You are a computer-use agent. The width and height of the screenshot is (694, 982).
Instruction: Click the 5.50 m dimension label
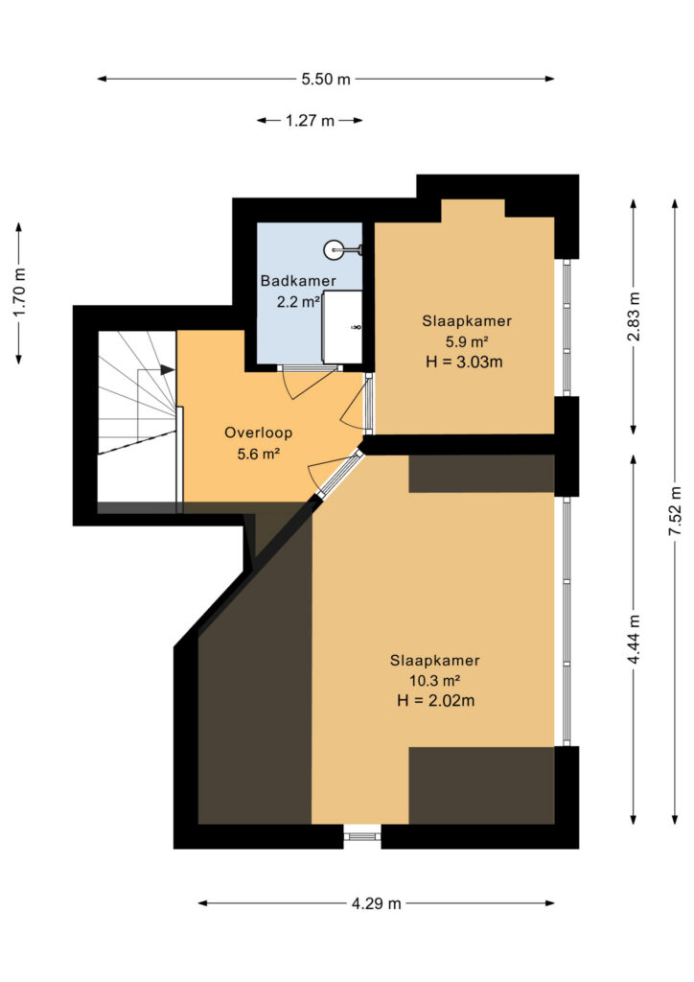point(325,79)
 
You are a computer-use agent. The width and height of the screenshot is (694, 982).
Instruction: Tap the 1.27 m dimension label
point(310,120)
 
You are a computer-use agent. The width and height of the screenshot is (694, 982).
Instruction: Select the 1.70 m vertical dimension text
point(19,292)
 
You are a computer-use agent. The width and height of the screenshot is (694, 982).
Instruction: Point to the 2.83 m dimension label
point(634,316)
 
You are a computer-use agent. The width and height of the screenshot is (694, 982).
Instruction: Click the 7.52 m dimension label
point(675,510)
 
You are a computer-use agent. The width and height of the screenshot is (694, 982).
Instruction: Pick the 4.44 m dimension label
point(634,640)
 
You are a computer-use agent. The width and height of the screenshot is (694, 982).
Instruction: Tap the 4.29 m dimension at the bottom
point(376,903)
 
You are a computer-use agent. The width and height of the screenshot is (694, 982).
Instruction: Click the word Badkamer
point(298,281)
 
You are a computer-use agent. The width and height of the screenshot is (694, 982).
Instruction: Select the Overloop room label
point(259,433)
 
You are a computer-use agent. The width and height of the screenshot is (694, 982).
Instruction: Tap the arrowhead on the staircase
point(167,369)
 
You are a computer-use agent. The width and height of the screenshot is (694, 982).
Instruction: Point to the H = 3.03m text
point(464,362)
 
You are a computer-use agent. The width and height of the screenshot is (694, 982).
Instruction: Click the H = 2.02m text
point(435,701)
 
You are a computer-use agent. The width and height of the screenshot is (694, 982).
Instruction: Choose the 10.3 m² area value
point(435,680)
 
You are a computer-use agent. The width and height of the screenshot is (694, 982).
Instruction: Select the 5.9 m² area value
point(467,341)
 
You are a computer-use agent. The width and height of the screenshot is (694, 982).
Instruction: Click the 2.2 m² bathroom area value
point(298,302)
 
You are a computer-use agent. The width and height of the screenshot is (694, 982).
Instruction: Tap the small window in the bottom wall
point(362,836)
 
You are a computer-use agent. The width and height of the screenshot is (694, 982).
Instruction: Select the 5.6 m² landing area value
point(258,454)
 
